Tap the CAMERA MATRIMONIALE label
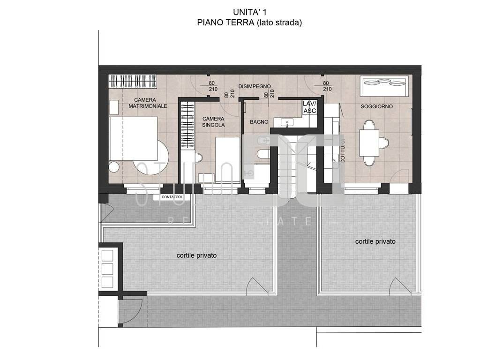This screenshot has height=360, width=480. pos(148,103)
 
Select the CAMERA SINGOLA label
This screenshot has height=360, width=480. pos(213,122)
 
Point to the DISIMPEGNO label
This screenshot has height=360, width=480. pos(255,86)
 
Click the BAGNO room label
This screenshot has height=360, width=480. pos(259,122)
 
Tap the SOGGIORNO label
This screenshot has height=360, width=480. pos(376,106)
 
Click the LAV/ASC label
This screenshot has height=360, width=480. pos(310,107)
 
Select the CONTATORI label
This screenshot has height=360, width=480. pos(172,197)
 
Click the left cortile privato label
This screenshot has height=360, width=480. pos(196,255)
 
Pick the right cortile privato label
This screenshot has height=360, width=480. pos(375,241)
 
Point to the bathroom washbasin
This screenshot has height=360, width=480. pos(287,122)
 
